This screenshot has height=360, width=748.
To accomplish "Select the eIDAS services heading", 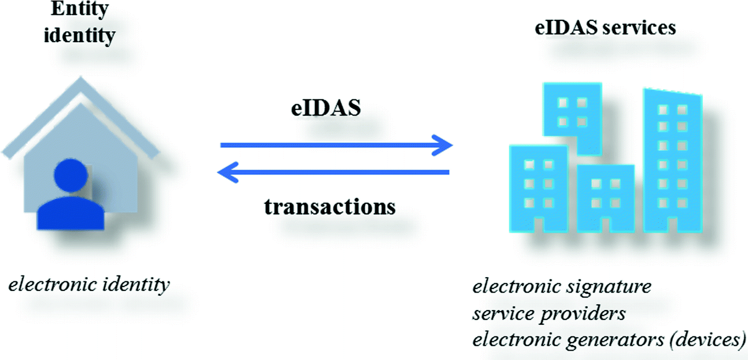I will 605,28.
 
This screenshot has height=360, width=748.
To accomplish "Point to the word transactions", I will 330,206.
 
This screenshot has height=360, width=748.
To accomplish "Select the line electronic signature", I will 562,287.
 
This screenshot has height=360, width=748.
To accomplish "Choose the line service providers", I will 549,314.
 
